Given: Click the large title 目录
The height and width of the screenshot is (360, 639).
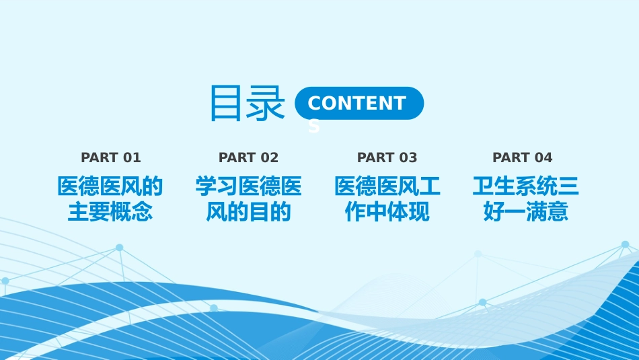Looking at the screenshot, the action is coord(247,103).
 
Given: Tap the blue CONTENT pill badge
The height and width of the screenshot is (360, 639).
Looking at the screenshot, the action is coord(359,103).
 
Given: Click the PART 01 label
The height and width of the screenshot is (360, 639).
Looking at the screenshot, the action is coord(111,157).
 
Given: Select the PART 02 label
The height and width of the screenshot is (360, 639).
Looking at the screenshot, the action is coord(249,157).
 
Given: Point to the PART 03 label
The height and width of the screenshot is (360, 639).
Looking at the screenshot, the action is coord(387,157).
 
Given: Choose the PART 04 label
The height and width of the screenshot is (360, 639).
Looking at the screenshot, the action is coord(523,157).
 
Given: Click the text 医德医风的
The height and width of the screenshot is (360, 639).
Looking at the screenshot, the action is coord(110,186).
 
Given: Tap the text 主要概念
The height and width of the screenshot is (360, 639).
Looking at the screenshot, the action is coord(110,211).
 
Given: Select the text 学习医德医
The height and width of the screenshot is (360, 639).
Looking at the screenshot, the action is coord(249,186).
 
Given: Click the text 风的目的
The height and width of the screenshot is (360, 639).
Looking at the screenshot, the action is coord(249,211).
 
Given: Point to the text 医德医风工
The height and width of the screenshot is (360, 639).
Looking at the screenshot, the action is coord(387,186).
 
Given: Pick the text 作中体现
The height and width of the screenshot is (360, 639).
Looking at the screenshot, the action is coord(387,211).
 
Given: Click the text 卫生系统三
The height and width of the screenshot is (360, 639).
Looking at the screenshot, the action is coord(526,186).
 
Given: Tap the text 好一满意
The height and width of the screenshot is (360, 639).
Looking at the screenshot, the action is coord(526,211).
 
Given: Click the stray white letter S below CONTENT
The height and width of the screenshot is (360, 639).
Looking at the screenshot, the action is coord(314,127).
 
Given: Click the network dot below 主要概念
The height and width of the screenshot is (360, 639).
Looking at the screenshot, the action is coord(120,248).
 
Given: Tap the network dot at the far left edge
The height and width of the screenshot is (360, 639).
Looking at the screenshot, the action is coord(5,281).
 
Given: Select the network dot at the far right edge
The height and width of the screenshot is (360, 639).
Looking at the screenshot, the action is coord(625,244).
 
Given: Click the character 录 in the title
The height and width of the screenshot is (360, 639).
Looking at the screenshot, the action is coord(266,103).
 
